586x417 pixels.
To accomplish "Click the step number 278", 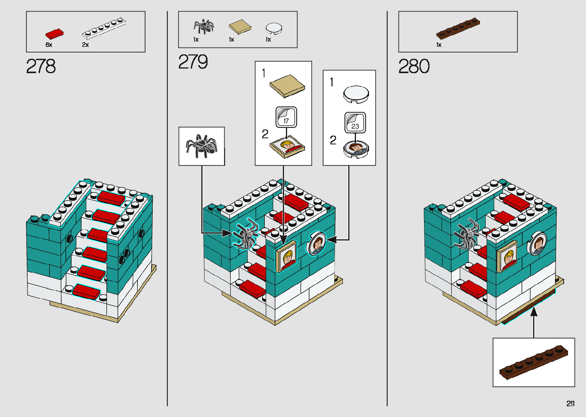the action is (x=41, y=66).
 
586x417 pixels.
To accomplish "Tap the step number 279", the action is (x=193, y=62).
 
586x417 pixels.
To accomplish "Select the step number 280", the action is (x=414, y=66).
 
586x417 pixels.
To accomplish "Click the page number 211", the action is (x=570, y=404).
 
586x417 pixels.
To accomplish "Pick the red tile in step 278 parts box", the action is (x=55, y=34).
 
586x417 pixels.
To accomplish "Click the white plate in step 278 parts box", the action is (x=104, y=29).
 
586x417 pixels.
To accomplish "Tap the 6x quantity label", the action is (x=49, y=45).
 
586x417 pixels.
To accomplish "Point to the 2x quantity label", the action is (x=85, y=45).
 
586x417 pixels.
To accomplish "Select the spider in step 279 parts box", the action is (x=204, y=26).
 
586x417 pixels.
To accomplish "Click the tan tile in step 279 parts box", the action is (x=240, y=27).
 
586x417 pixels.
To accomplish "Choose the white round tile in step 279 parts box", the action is (x=274, y=28).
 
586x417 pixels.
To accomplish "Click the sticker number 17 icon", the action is (x=286, y=118).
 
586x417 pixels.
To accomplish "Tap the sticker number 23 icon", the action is (x=355, y=123).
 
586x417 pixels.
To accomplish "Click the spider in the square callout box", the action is (x=202, y=146).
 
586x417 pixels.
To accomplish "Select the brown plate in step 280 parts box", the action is (x=458, y=29).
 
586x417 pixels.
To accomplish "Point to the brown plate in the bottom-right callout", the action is (x=533, y=362).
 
